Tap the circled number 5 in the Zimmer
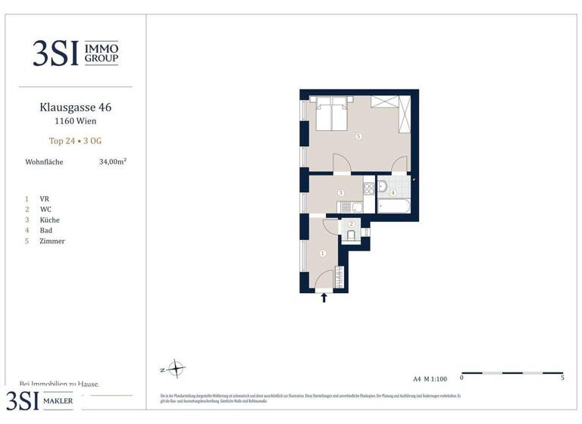[358, 136]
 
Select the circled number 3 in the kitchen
[342, 194]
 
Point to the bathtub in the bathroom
[394, 206]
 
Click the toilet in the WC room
[352, 235]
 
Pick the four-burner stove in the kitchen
[369, 187]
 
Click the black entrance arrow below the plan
[324, 298]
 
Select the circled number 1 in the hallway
[323, 254]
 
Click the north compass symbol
[176, 369]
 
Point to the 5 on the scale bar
[562, 377]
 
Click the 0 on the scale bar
[462, 377]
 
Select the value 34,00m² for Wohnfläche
[113, 161]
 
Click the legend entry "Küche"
[50, 220]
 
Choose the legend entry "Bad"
[45, 230]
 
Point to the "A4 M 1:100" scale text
[429, 378]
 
